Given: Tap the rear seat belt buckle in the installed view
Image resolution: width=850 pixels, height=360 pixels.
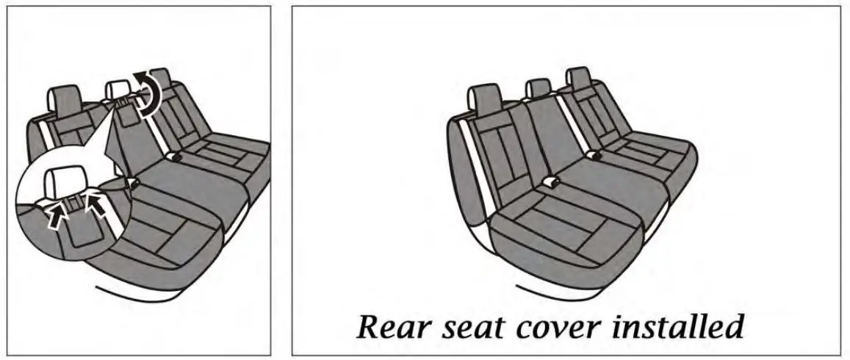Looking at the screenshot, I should (594, 154).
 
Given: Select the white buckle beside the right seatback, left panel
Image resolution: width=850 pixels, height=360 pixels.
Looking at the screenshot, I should (174, 156).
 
